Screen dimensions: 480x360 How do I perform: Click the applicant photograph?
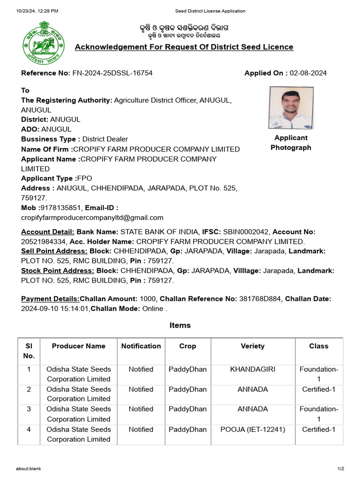pyautogui.click(x=291, y=108)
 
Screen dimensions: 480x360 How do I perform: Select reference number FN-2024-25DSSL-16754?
pyautogui.click(x=112, y=73)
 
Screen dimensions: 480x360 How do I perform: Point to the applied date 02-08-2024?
pyautogui.click(x=308, y=73)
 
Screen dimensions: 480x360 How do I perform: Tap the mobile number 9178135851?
pyautogui.click(x=62, y=208)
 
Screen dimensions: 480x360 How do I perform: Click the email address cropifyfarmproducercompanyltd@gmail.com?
pyautogui.click(x=92, y=217)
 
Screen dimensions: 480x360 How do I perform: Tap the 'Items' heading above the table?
pyautogui.click(x=180, y=325)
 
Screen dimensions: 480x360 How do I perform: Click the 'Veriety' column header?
pyautogui.click(x=253, y=346)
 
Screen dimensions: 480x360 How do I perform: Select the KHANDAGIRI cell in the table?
pyautogui.click(x=253, y=369)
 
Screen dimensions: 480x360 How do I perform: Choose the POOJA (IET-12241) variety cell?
pyautogui.click(x=253, y=429)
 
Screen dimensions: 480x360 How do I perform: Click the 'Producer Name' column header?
pyautogui.click(x=79, y=346)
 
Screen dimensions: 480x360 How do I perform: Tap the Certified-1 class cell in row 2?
pyautogui.click(x=319, y=389)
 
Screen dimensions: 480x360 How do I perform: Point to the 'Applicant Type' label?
pyautogui.click(x=48, y=178)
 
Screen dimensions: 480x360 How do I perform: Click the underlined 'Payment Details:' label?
pyautogui.click(x=50, y=299)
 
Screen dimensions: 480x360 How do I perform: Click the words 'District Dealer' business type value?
pyautogui.click(x=105, y=139)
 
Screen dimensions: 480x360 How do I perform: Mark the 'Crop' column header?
pyautogui.click(x=187, y=346)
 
